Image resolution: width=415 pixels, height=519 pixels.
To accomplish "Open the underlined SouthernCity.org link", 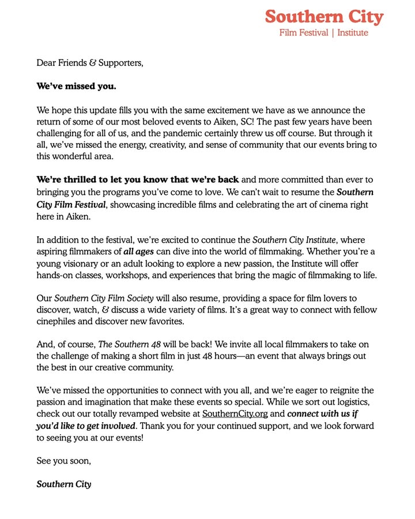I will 235,414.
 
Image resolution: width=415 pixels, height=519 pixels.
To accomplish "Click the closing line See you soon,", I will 64,461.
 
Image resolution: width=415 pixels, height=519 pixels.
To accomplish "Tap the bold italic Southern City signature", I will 63,484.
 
